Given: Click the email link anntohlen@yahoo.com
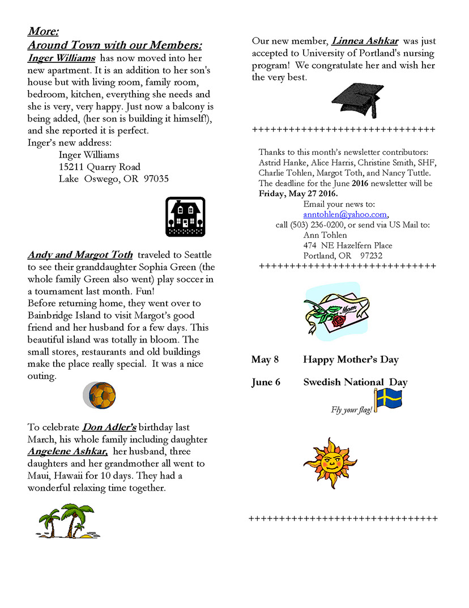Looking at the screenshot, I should [x=345, y=214].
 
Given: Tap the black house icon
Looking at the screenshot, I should [x=185, y=216].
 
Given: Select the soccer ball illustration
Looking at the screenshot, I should [x=100, y=395].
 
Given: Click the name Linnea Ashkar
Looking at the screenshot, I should [x=365, y=41].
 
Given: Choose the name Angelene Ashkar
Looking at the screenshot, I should [x=68, y=451].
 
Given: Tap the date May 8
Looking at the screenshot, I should [x=265, y=360].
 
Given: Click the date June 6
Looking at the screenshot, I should [x=266, y=382].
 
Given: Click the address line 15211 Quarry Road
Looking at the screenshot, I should [x=100, y=167].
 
